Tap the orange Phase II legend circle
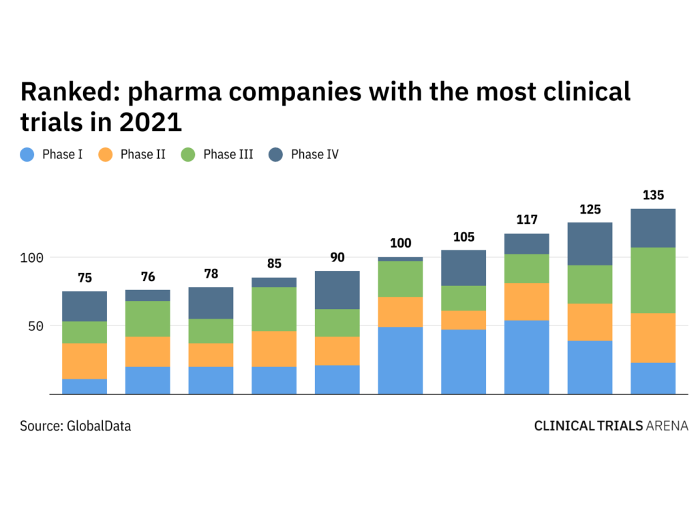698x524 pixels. point(106,154)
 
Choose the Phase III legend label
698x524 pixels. point(228,154)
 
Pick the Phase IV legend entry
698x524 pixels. point(314,154)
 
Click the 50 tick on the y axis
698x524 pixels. point(35,326)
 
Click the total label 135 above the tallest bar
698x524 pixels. point(653,196)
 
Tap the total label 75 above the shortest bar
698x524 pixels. point(85,278)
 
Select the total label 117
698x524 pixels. point(527,220)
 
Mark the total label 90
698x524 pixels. point(337,257)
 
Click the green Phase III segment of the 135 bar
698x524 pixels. point(653,280)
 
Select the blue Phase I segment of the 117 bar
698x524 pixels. point(527,357)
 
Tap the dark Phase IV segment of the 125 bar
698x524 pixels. point(590,244)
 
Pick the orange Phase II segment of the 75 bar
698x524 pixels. point(85,361)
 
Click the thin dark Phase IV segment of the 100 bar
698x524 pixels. point(400,259)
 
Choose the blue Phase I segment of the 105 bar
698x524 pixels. point(464,362)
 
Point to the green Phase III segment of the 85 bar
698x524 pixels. point(274,309)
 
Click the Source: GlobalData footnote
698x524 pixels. point(75,426)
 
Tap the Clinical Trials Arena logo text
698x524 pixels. point(611,426)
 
